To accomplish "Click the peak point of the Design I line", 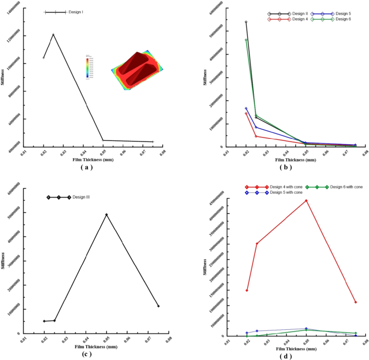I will pyautogui.click(x=53, y=34).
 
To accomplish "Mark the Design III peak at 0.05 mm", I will pyautogui.click(x=107, y=215).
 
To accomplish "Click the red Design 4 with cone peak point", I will pyautogui.click(x=307, y=201).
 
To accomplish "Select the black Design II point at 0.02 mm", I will pyautogui.click(x=246, y=22).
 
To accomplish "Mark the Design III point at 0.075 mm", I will pyautogui.click(x=158, y=306).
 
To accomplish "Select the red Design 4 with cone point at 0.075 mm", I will pyautogui.click(x=356, y=302).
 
